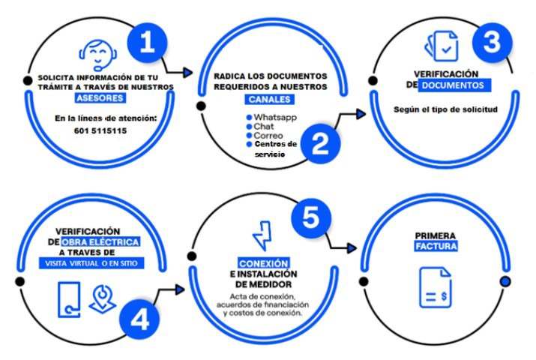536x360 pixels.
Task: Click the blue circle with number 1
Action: (148, 43)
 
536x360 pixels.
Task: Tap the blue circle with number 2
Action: (320, 143)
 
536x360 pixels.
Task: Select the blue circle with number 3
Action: (493, 43)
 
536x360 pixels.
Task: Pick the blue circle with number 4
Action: (139, 319)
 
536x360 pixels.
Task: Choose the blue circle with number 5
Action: (311, 217)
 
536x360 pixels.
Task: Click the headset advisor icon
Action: (98, 55)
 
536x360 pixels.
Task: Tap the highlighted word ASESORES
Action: (100, 98)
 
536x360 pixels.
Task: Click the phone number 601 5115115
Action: (100, 130)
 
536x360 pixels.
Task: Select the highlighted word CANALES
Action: (269, 99)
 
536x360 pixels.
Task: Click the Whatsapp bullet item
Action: (271, 117)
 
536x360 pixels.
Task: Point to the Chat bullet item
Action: (260, 127)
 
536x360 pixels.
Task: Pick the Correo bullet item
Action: (264, 136)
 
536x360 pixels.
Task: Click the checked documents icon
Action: (442, 46)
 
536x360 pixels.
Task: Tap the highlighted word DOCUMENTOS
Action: (454, 85)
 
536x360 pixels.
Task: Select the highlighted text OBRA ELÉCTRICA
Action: (100, 242)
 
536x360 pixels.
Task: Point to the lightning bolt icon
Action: (262, 236)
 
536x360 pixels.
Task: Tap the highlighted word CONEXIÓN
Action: (264, 263)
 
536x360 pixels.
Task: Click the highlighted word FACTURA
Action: (436, 246)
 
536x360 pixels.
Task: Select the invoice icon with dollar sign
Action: (436, 287)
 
